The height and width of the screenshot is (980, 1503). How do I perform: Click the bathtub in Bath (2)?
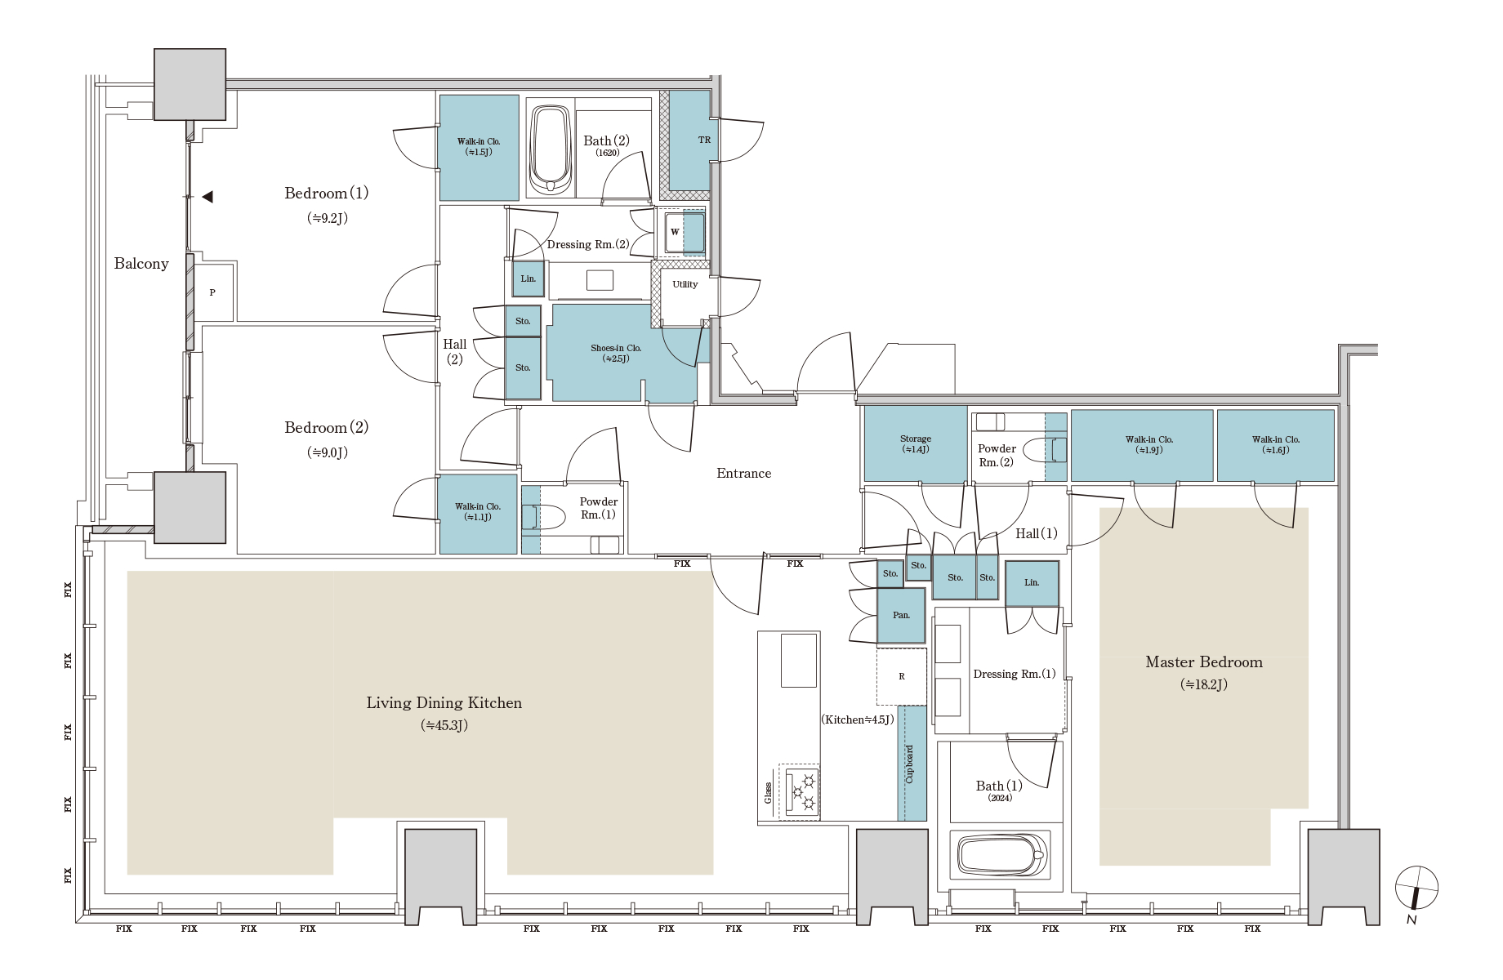[x=550, y=150]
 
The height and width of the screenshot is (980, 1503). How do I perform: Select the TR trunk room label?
[x=704, y=140]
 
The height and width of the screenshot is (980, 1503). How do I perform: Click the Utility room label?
[x=685, y=284]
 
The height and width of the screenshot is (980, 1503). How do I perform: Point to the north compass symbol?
[x=1416, y=889]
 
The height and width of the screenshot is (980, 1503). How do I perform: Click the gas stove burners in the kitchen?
[x=801, y=791]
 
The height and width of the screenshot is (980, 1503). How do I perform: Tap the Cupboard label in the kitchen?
[x=910, y=764]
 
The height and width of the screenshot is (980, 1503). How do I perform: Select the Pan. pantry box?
[x=902, y=615]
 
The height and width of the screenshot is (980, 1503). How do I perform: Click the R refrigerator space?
[x=902, y=676]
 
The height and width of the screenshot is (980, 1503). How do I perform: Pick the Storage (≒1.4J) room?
[x=916, y=444]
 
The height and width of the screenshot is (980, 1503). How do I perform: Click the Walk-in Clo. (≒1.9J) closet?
[x=1142, y=445]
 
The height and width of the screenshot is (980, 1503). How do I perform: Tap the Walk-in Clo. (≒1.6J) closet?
[x=1276, y=445]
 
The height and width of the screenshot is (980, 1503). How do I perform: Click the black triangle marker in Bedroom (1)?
[x=207, y=197]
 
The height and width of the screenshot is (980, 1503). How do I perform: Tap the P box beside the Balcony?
[x=213, y=292]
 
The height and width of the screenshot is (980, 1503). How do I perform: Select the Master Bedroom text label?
[x=1204, y=662]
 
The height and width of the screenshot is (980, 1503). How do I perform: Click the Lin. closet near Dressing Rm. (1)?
[x=1032, y=583]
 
